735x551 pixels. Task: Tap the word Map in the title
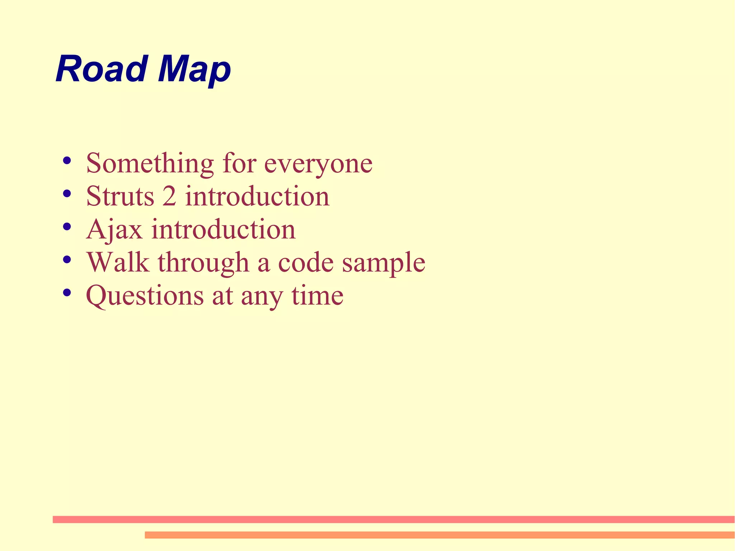(x=194, y=70)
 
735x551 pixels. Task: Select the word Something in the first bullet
(x=150, y=163)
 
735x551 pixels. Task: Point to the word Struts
(x=120, y=196)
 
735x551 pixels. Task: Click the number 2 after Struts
(x=169, y=196)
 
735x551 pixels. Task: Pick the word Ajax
(x=114, y=230)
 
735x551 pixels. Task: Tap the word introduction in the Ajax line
(x=223, y=229)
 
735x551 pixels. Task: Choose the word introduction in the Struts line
(x=257, y=196)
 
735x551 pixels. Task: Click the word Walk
(x=118, y=262)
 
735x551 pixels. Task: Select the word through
(x=203, y=263)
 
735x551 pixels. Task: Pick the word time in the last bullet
(x=318, y=295)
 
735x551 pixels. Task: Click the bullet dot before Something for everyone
(x=66, y=160)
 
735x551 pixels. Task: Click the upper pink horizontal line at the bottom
(x=393, y=519)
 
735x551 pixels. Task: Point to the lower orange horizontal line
(x=439, y=535)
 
